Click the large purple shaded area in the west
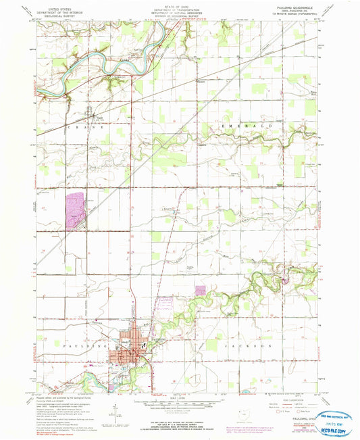coord(76,208)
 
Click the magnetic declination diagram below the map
coord(119,412)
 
